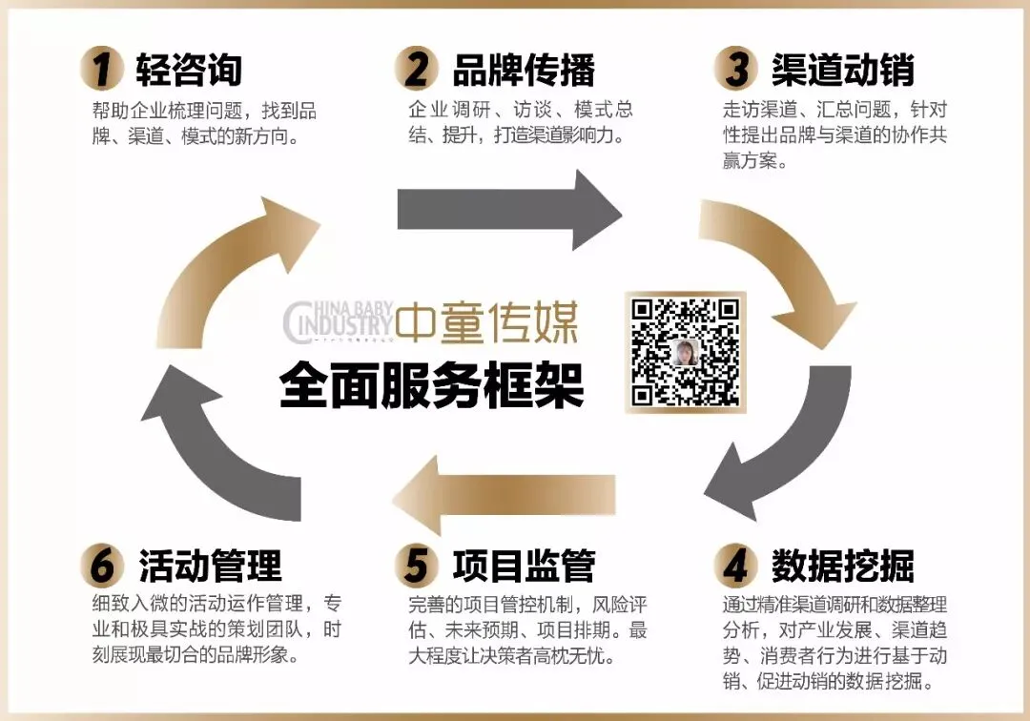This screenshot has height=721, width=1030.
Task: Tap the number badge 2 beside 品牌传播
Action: (x=416, y=69)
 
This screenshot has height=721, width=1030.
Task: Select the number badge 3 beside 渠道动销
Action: (x=735, y=69)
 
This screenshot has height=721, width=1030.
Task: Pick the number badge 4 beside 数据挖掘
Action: (x=735, y=566)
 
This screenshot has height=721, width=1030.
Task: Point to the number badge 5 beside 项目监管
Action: (x=416, y=566)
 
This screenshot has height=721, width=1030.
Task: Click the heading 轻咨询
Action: (x=189, y=70)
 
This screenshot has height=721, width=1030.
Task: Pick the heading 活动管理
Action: (x=211, y=566)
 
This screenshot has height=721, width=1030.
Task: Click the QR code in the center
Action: (x=685, y=352)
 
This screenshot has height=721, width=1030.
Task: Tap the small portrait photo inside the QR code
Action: (x=685, y=354)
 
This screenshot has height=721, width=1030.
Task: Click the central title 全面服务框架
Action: (x=431, y=386)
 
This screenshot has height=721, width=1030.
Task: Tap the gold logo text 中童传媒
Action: (x=487, y=325)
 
